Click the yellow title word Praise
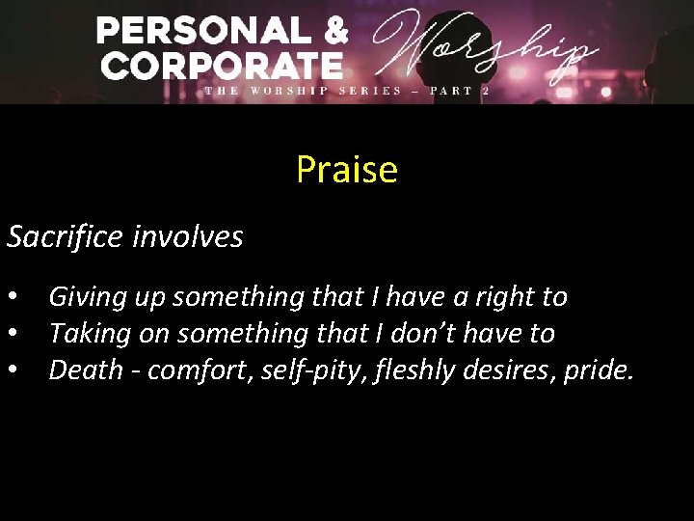click(347, 170)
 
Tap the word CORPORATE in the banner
click(222, 66)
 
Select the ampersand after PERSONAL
click(334, 31)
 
